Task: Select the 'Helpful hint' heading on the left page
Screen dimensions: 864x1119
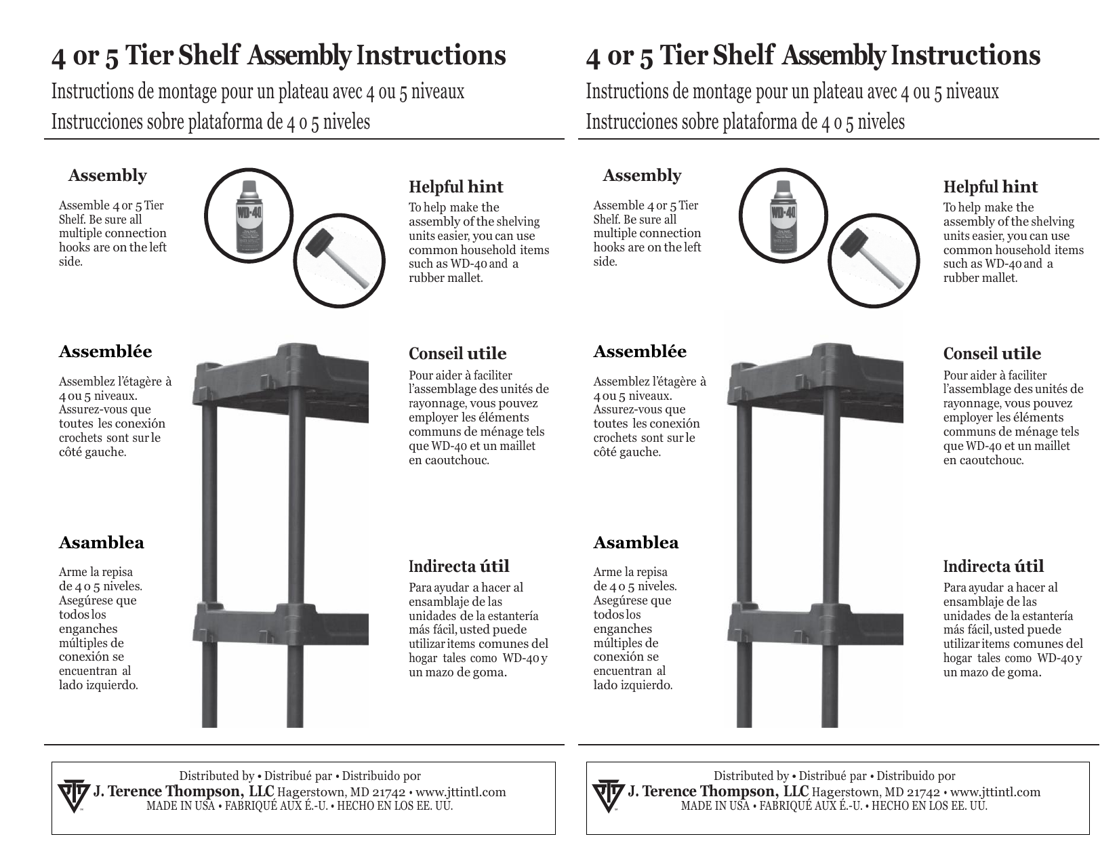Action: (x=455, y=187)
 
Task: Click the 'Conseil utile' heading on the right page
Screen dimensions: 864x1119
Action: (x=992, y=354)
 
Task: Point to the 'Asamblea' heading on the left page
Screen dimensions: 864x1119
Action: (x=101, y=543)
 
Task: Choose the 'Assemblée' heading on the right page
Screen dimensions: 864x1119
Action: (x=639, y=352)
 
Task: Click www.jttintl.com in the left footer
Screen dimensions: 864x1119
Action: (x=460, y=792)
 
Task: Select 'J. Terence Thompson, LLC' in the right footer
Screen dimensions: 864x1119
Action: (x=718, y=791)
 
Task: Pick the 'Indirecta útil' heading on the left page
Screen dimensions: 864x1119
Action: (x=459, y=567)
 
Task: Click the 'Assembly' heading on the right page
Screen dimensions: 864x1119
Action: (x=642, y=176)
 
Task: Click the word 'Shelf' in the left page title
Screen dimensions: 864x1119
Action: (x=209, y=56)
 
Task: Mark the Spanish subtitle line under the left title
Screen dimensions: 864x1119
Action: (x=211, y=123)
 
